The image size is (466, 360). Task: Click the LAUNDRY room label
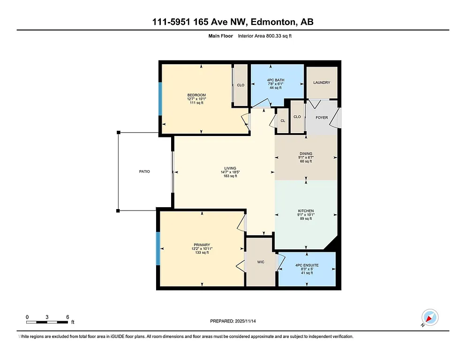click(x=322, y=82)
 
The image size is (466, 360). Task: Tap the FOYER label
click(x=322, y=118)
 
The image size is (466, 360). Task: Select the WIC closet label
click(x=261, y=262)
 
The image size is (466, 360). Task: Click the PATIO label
click(x=144, y=172)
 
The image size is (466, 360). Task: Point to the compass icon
click(x=429, y=317)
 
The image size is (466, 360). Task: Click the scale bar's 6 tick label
click(x=68, y=317)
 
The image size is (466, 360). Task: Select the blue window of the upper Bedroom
click(x=160, y=99)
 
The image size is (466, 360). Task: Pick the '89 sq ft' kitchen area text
click(x=306, y=219)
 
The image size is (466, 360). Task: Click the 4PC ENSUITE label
click(x=307, y=265)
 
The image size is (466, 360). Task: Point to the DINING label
click(x=306, y=154)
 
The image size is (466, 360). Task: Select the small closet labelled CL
click(x=283, y=121)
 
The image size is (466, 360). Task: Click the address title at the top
click(x=233, y=22)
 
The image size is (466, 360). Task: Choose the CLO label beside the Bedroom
click(x=241, y=85)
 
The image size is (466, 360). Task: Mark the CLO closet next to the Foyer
click(x=297, y=117)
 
